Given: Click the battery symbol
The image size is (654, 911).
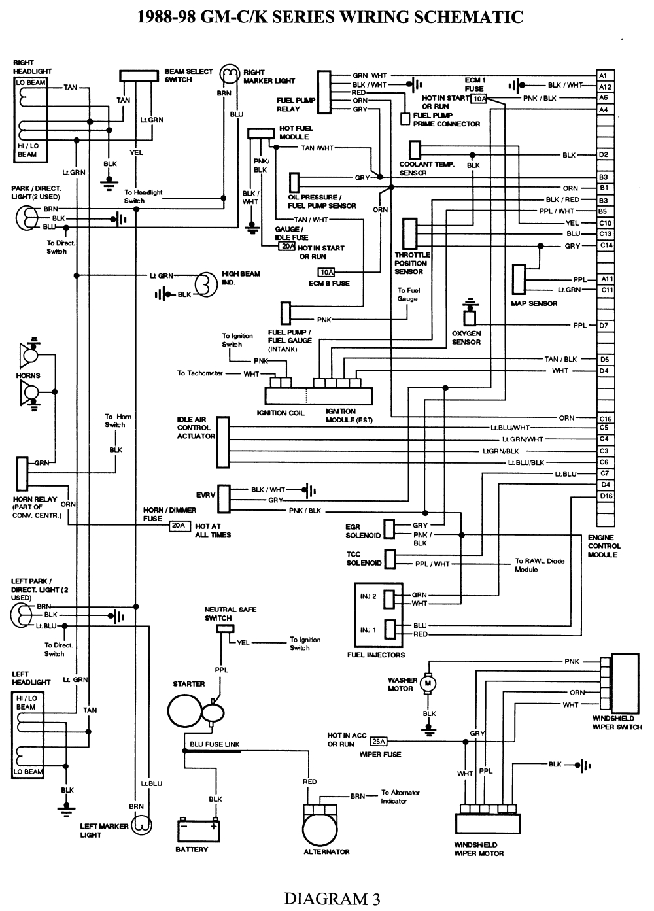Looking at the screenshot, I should pyautogui.click(x=198, y=830).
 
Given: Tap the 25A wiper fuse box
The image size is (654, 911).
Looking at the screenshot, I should pyautogui.click(x=378, y=741).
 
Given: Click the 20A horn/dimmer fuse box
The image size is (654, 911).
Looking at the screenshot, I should pyautogui.click(x=178, y=525).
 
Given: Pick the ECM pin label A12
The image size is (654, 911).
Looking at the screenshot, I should pyautogui.click(x=605, y=86).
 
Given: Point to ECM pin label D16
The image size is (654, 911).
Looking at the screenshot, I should pyautogui.click(x=605, y=496).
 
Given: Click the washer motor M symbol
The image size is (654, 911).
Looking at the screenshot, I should pyautogui.click(x=428, y=684).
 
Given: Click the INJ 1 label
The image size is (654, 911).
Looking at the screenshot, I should pyautogui.click(x=368, y=630).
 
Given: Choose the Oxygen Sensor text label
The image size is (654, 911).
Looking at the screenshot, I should pyautogui.click(x=466, y=337).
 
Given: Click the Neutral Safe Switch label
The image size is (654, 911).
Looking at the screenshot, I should pyautogui.click(x=230, y=613).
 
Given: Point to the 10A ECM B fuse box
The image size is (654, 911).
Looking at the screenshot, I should pyautogui.click(x=326, y=272).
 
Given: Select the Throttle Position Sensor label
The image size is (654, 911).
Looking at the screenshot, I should pyautogui.click(x=412, y=263).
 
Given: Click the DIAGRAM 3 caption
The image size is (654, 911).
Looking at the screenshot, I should pyautogui.click(x=332, y=899).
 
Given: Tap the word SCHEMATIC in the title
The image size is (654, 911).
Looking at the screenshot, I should pyautogui.click(x=470, y=16).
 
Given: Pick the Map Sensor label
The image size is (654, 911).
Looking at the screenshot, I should pyautogui.click(x=534, y=303).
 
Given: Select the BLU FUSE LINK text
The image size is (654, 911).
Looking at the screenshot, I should pyautogui.click(x=215, y=744).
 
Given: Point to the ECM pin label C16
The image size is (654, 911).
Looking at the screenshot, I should pyautogui.click(x=605, y=418).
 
